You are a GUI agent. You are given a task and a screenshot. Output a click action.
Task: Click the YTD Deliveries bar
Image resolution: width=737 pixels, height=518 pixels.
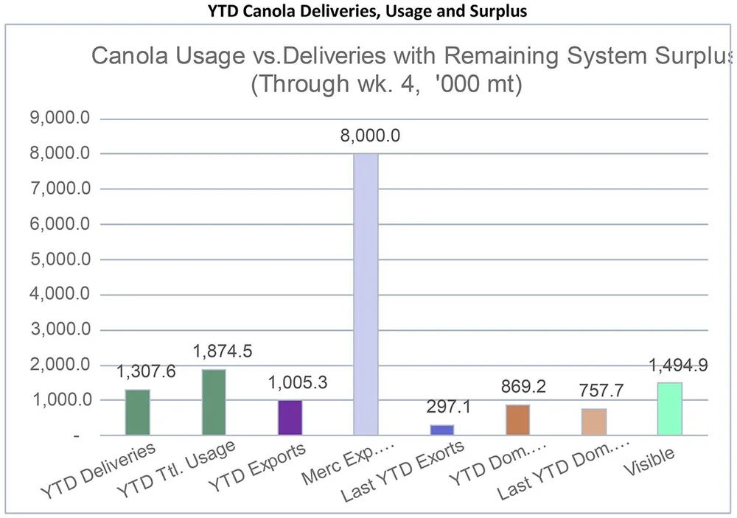tap(137, 413)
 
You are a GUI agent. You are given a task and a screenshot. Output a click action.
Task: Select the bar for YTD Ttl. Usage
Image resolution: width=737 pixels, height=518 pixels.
tap(214, 402)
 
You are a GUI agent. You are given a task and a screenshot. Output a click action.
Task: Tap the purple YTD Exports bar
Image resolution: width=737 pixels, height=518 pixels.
tap(290, 418)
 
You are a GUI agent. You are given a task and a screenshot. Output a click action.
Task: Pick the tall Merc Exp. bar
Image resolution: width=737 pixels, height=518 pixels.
tap(366, 295)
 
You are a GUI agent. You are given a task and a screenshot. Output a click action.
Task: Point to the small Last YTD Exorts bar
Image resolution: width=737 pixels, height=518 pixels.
tap(442, 430)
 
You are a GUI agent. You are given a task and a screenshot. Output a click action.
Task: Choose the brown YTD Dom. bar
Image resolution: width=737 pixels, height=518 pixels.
tap(517, 420)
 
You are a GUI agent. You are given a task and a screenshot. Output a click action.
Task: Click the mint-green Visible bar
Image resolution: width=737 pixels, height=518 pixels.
tap(669, 409)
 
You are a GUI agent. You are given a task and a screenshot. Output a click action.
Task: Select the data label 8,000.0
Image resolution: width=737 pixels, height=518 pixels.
tap(370, 136)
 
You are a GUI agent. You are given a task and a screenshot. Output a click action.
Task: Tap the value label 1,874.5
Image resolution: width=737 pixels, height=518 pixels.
tap(222, 351)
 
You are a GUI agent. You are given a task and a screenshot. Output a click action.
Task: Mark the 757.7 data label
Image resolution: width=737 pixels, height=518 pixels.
tap(598, 391)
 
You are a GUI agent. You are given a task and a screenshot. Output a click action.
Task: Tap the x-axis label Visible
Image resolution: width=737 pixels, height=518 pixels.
tap(649, 463)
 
